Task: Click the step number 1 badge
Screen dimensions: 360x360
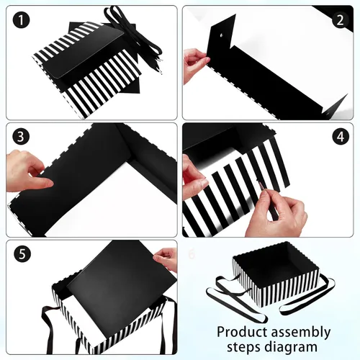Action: pyautogui.click(x=21, y=20)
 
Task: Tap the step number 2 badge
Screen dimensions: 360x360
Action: pyautogui.click(x=341, y=20)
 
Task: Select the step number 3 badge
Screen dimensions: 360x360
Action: pyautogui.click(x=21, y=136)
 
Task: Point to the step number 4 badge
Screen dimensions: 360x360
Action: pyautogui.click(x=341, y=136)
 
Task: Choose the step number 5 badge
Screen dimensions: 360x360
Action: pyautogui.click(x=22, y=253)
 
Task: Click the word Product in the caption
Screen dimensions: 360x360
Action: pyautogui.click(x=242, y=332)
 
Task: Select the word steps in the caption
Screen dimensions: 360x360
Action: pyautogui.click(x=243, y=348)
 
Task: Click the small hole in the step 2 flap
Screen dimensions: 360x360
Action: pyautogui.click(x=221, y=36)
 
